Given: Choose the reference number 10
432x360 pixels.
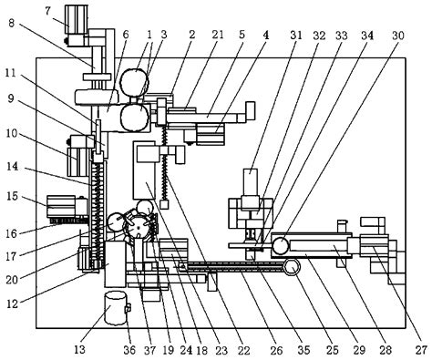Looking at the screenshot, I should coord(12,133).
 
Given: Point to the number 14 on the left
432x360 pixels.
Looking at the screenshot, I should coord(12,168).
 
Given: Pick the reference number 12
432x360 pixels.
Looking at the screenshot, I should coord(12,299).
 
